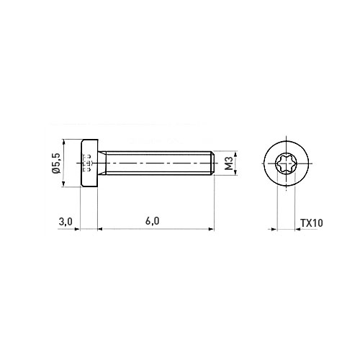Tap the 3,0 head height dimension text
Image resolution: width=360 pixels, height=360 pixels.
tap(66, 222)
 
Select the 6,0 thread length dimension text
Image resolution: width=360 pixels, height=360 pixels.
tap(152, 221)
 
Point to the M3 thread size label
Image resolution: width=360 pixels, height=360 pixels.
tap(230, 163)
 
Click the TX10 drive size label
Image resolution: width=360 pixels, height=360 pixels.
tap(312, 223)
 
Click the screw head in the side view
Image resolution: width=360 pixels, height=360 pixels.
tap(89, 163)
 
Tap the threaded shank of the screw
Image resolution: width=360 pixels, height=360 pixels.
tap(158, 163)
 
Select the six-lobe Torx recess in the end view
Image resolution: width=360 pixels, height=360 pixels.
tap(286, 163)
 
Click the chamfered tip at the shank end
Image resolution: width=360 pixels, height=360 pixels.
tap(212, 163)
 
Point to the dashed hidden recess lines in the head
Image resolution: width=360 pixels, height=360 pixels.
tap(87, 163)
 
